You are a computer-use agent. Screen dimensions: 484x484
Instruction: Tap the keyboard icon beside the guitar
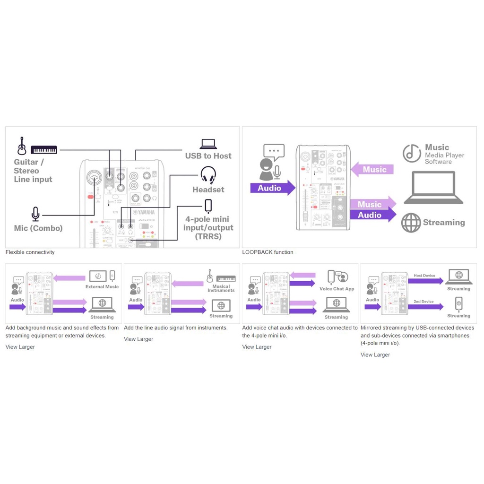point(44,149)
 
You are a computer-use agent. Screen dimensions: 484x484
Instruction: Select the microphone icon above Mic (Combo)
point(35,214)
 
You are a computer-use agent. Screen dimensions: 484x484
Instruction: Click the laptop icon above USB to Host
point(208,144)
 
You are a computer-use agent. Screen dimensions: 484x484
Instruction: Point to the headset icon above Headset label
point(208,175)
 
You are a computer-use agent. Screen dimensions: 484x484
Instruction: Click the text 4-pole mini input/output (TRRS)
point(208,228)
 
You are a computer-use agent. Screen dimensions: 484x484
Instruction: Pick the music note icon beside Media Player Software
point(412,153)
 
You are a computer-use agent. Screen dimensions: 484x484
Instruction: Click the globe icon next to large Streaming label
point(411,223)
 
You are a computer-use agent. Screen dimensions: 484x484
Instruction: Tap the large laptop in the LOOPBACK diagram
point(433,188)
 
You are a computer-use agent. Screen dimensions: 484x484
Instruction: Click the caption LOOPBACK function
point(268,252)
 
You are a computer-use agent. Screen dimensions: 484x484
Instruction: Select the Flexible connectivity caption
point(30,252)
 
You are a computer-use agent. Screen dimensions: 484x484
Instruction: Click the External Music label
point(102,287)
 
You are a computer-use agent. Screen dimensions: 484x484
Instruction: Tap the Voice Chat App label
point(337,289)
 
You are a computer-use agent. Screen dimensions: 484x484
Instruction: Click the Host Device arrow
point(425,281)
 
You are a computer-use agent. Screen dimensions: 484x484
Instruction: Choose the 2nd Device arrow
point(424,307)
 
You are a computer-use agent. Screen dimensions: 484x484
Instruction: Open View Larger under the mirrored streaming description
point(375,355)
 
